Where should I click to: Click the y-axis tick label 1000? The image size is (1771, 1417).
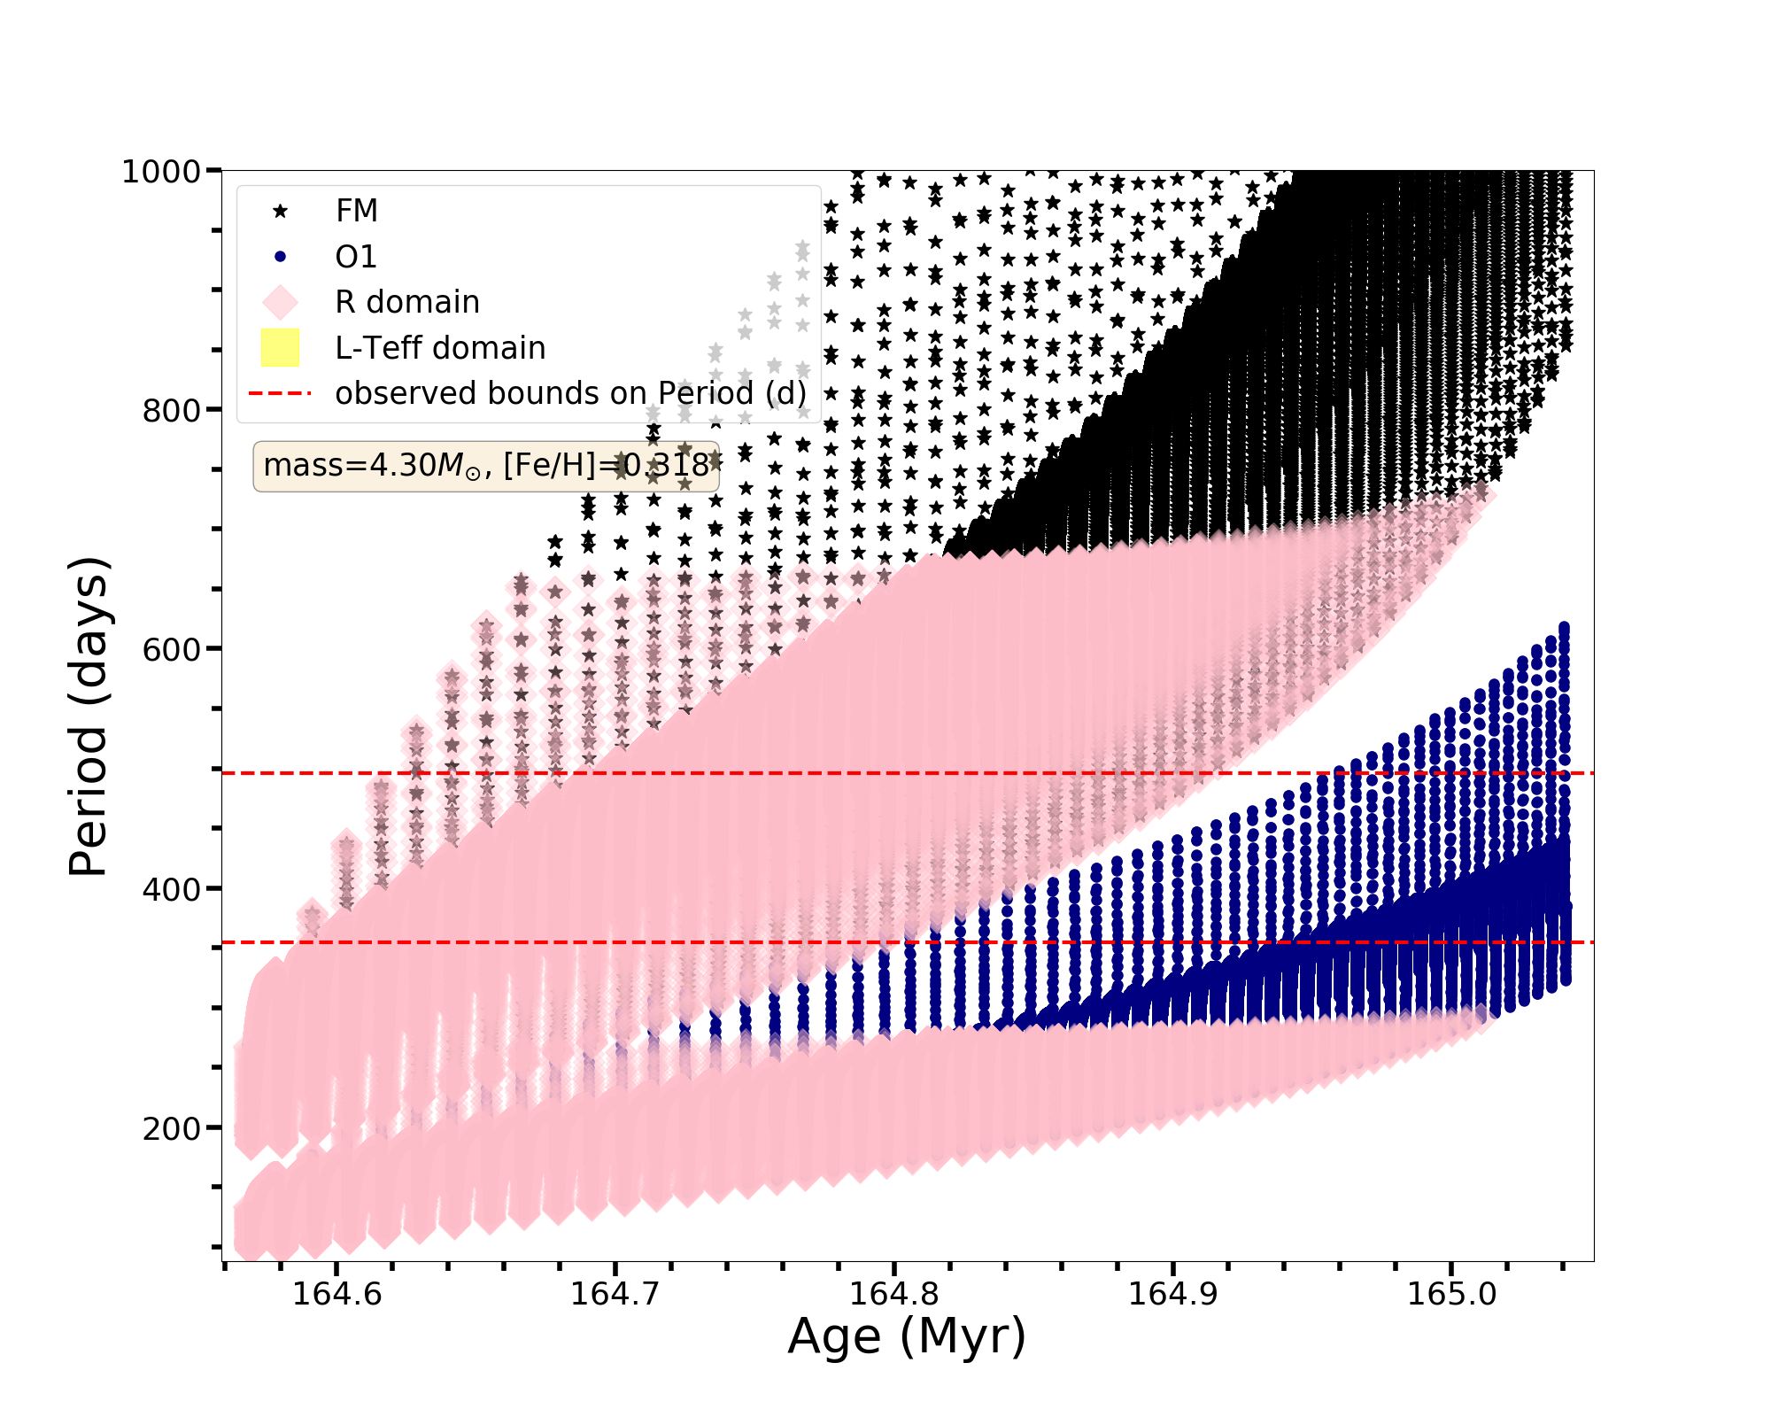pyautogui.click(x=160, y=171)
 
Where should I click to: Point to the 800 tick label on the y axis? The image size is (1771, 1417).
pyautogui.click(x=171, y=410)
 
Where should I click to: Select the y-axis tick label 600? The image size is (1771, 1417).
pyautogui.click(x=171, y=649)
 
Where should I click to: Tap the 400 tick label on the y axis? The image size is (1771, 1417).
pyautogui.click(x=171, y=888)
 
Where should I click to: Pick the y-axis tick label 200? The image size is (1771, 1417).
pyautogui.click(x=171, y=1127)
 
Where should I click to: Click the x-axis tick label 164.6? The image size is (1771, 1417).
pyautogui.click(x=337, y=1294)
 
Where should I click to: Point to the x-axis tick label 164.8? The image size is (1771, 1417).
pyautogui.click(x=893, y=1294)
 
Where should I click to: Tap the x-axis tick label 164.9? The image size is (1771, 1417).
pyautogui.click(x=1172, y=1294)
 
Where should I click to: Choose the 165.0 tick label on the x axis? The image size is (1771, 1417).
pyautogui.click(x=1451, y=1294)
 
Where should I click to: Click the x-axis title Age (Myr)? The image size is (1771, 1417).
pyautogui.click(x=907, y=1336)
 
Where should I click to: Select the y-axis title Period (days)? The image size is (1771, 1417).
pyautogui.click(x=89, y=716)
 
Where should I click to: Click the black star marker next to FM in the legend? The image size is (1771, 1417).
pyautogui.click(x=280, y=211)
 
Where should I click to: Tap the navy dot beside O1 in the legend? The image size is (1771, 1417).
pyautogui.click(x=280, y=257)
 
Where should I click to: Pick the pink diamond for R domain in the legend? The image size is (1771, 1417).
pyautogui.click(x=280, y=302)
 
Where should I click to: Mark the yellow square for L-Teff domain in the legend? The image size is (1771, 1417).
pyautogui.click(x=280, y=348)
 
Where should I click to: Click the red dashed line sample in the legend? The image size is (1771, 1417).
pyautogui.click(x=280, y=393)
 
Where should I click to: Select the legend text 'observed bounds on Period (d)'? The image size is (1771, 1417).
pyautogui.click(x=570, y=393)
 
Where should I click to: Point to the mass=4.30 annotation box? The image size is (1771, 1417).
pyautogui.click(x=486, y=466)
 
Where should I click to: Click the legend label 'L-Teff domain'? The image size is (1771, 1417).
pyautogui.click(x=440, y=348)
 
